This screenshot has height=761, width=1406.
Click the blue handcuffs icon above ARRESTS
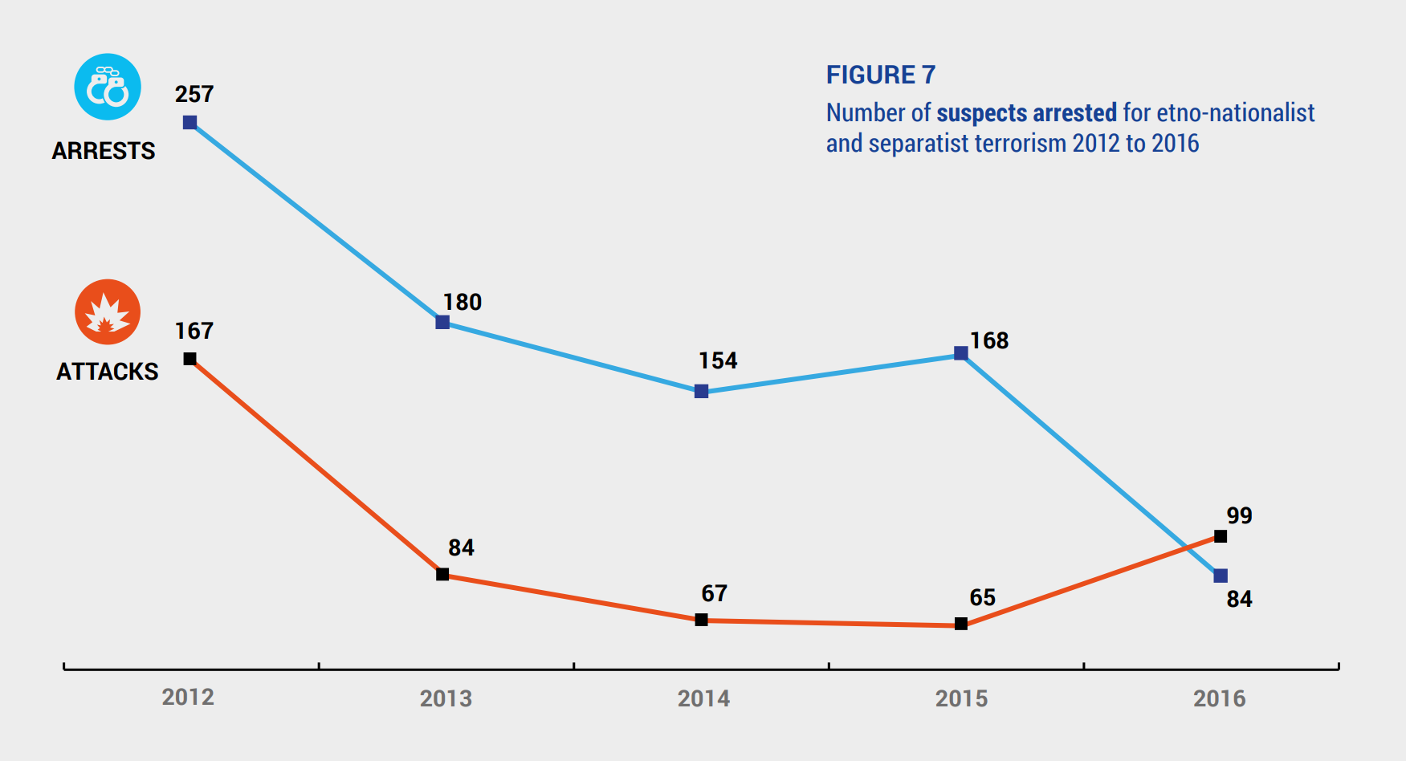point(108,87)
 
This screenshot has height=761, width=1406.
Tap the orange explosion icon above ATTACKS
point(108,311)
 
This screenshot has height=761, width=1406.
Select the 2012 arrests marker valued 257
point(190,123)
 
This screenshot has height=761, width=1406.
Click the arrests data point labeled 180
point(442,322)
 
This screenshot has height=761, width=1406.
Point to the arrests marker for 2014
point(701,392)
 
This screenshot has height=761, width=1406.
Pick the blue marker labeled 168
point(960,353)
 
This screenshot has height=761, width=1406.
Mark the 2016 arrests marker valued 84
point(1221,576)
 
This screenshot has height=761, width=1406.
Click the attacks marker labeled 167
point(190,359)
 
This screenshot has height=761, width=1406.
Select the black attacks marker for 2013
point(442,574)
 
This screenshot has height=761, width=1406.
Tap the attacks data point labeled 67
point(701,620)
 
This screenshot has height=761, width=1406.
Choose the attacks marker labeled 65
point(960,624)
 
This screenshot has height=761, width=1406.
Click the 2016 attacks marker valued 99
point(1221,536)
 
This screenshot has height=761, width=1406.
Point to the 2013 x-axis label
point(446,698)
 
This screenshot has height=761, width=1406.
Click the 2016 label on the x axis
point(1219,698)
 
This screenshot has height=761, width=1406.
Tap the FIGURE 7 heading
point(881,75)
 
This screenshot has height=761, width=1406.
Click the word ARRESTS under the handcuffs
point(104,151)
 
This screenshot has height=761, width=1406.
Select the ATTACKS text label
point(108,372)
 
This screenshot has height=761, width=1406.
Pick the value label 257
point(194,94)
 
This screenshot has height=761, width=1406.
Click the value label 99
point(1239,515)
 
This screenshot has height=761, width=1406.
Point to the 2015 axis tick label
point(961,698)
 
